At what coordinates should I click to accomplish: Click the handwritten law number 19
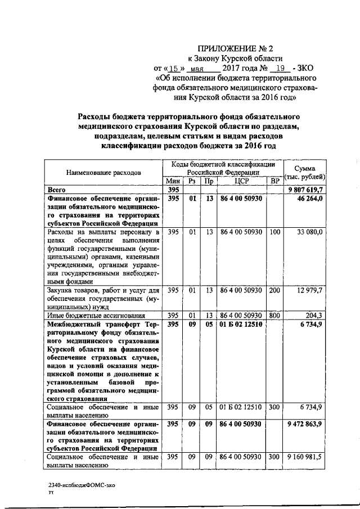pos(280,69)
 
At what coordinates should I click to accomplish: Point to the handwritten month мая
pos(199,69)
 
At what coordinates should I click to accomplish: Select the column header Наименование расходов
pos(103,172)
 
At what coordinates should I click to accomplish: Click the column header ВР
pos(274,181)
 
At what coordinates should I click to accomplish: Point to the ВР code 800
pos(274,316)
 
